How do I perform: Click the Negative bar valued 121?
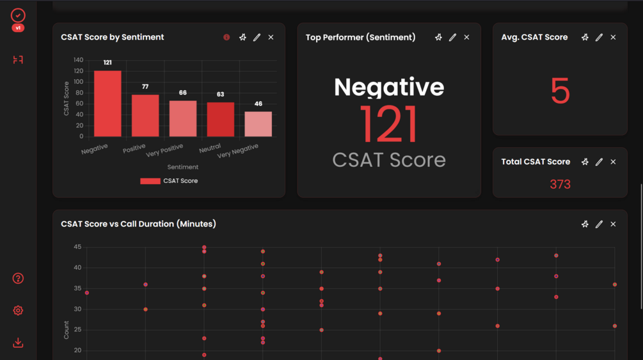point(107,103)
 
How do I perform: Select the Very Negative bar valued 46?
point(258,124)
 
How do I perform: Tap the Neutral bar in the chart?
point(220,119)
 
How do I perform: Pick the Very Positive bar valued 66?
point(183,118)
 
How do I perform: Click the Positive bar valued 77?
point(145,115)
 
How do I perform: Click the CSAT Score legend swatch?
point(150,181)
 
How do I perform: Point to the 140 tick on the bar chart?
point(78,60)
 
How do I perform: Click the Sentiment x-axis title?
point(183,167)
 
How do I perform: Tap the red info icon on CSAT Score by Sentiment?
point(226,38)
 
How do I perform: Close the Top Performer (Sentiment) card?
point(466,38)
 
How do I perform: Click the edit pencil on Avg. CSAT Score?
point(599,38)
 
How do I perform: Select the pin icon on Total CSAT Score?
point(585,162)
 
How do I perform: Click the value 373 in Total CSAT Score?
point(560,184)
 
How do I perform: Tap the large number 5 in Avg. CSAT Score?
point(560,91)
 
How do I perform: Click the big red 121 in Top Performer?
point(388,124)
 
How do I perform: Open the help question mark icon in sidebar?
point(18,278)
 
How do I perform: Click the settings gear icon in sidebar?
point(18,311)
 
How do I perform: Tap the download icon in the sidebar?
point(18,343)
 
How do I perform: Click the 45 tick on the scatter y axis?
point(77,247)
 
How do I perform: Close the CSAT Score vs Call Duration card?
point(613,224)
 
